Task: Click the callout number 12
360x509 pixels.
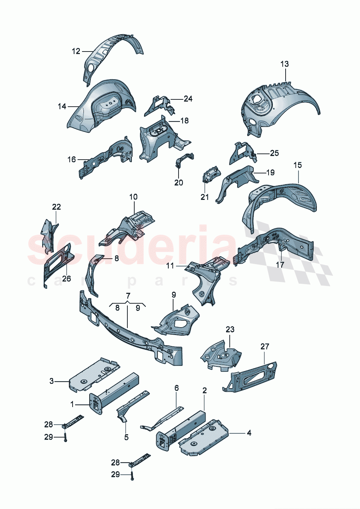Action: (76, 52)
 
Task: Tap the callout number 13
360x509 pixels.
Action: (285, 64)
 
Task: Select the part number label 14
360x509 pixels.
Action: (62, 106)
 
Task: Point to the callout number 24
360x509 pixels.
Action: (188, 99)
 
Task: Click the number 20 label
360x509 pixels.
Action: (179, 182)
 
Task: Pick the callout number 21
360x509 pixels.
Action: (205, 197)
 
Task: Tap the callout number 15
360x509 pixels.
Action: (297, 165)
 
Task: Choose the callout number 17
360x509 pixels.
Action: (280, 265)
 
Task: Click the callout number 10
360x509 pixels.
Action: (134, 197)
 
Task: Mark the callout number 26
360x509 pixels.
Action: (66, 279)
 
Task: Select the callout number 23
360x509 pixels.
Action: (230, 329)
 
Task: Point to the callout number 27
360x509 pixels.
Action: (265, 346)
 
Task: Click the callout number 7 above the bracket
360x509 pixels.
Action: (128, 295)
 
